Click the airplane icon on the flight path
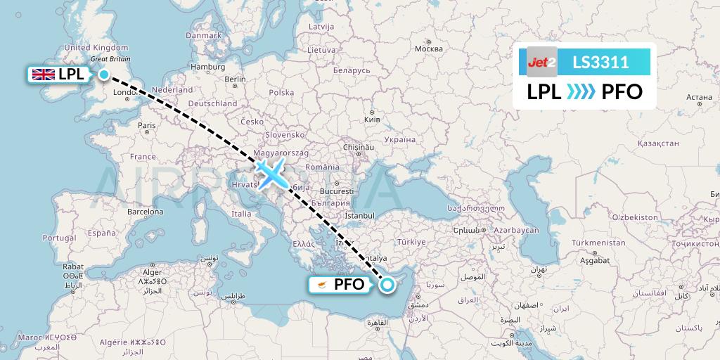click(270, 172)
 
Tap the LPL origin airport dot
click(104, 75)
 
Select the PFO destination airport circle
click(387, 285)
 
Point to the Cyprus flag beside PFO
click(321, 285)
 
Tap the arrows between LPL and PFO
click(581, 92)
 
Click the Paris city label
click(147, 126)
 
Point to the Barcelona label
click(146, 212)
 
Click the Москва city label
click(428, 49)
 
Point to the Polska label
click(281, 93)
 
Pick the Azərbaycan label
click(515, 231)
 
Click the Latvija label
click(321, 27)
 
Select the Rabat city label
click(74, 266)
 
